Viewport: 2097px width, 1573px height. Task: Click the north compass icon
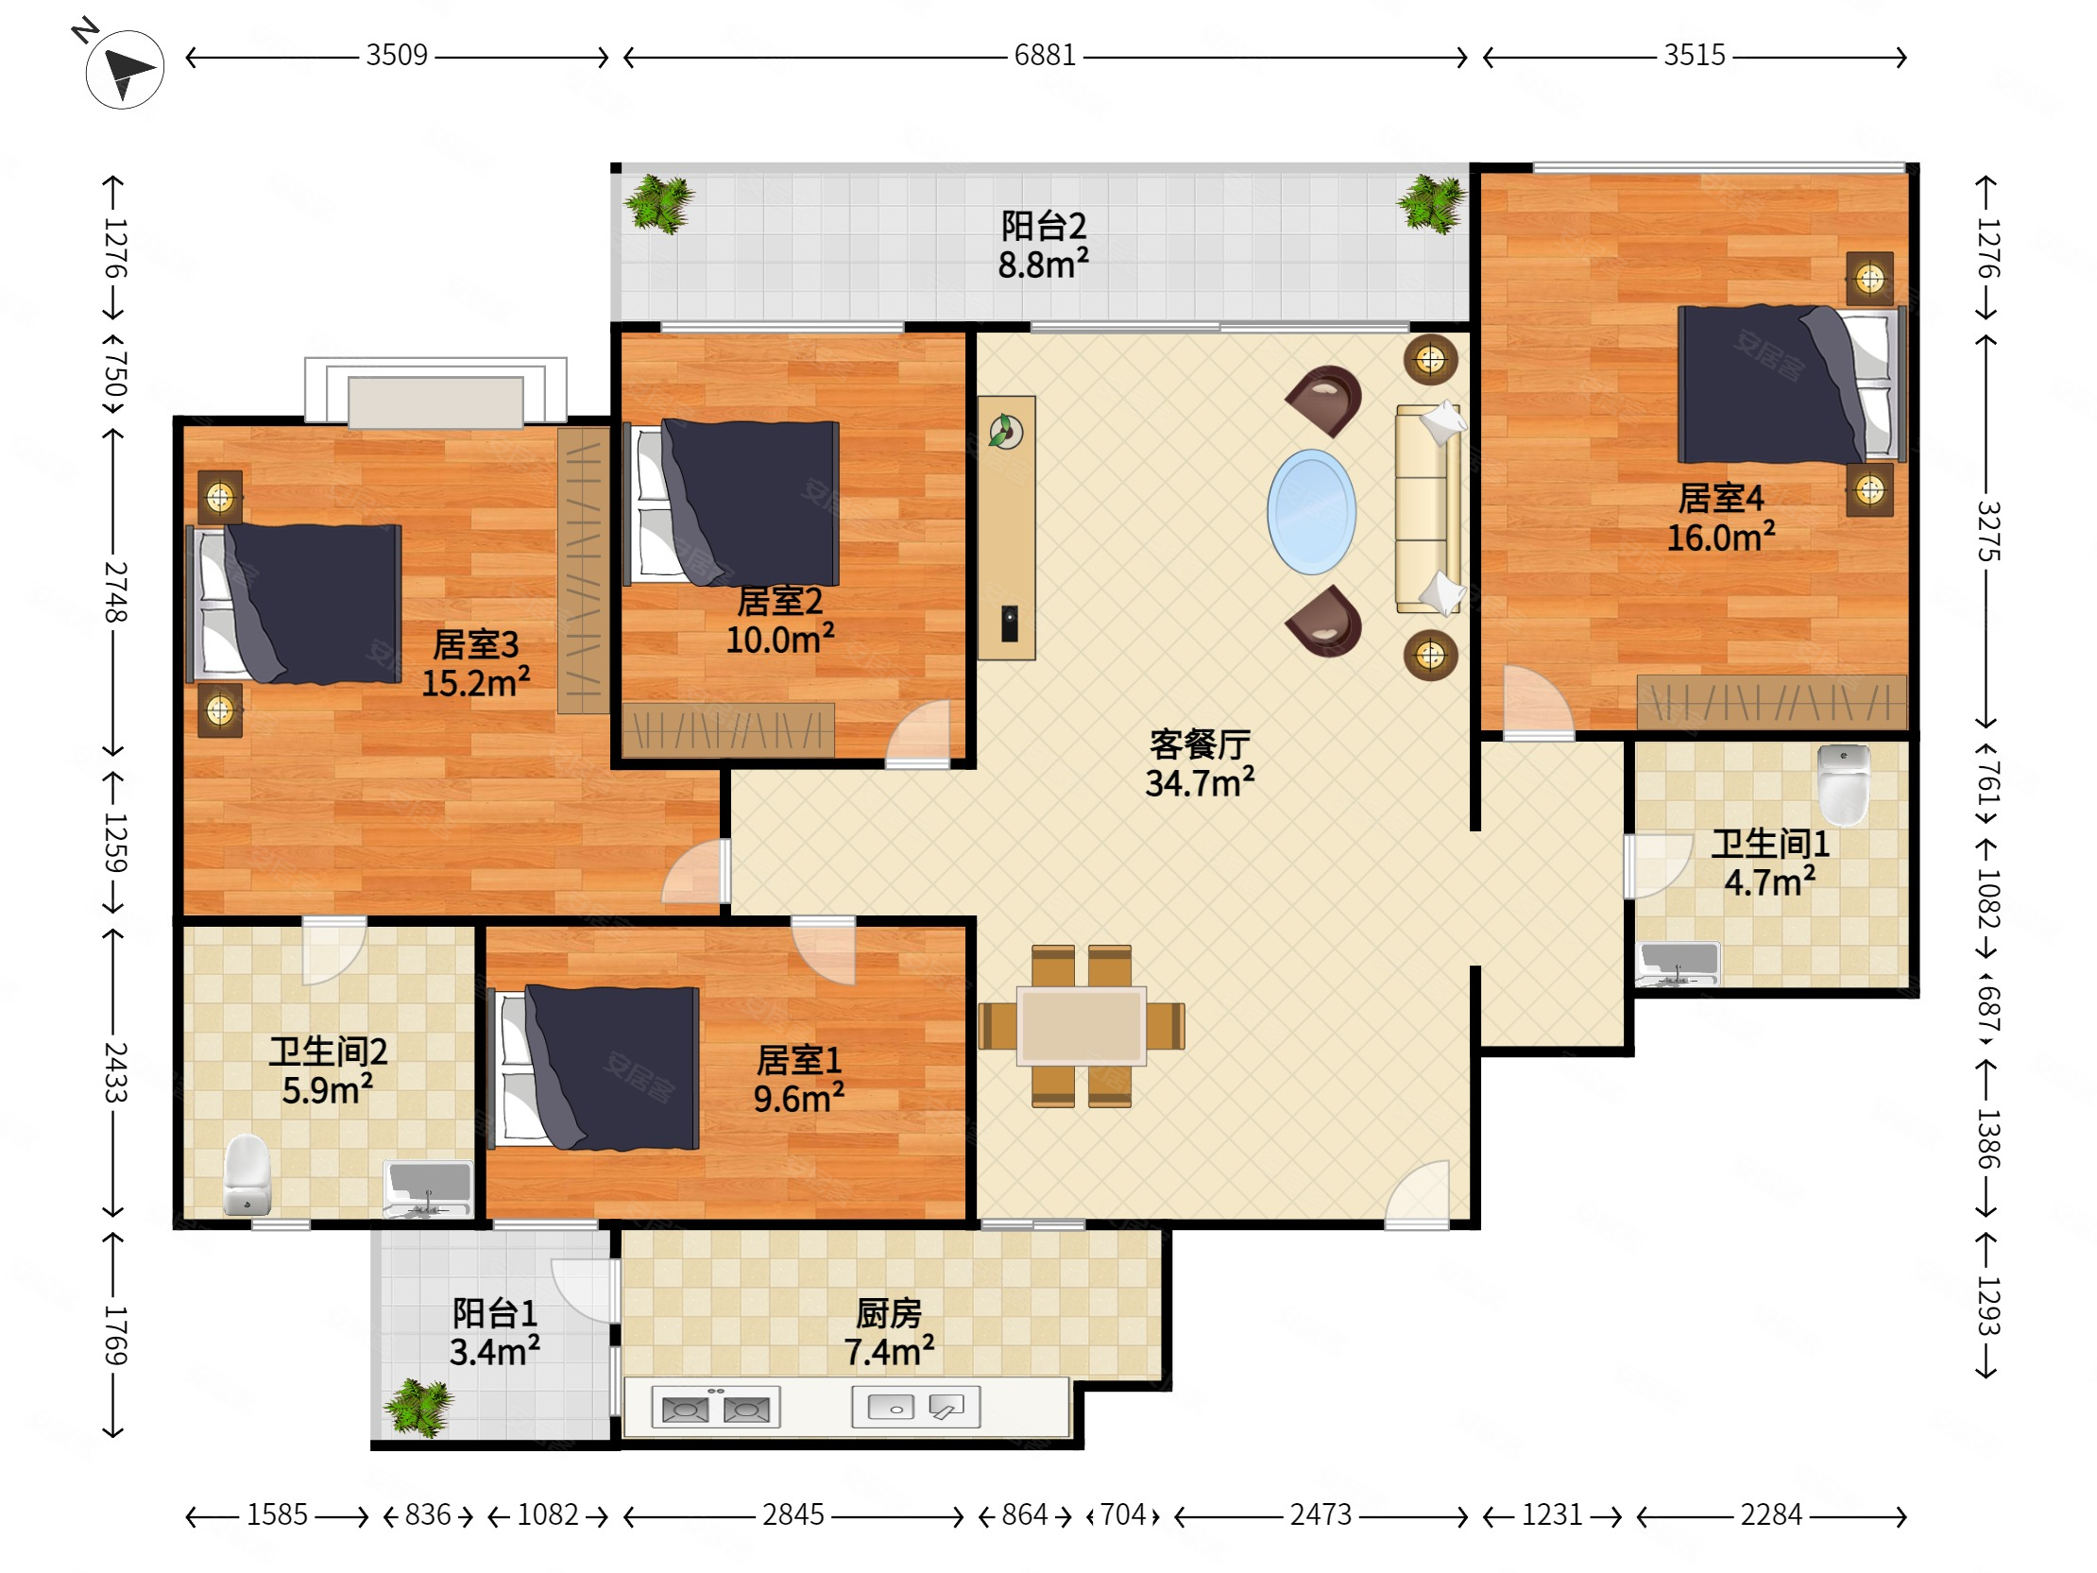point(123,67)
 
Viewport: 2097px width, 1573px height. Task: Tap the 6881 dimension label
point(1045,55)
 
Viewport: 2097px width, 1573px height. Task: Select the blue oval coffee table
point(1311,512)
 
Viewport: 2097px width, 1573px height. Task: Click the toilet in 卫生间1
point(1844,784)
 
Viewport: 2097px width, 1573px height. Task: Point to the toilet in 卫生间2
point(247,1174)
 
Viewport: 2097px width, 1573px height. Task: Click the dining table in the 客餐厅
point(1081,1026)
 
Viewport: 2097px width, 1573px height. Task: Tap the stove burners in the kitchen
point(716,1408)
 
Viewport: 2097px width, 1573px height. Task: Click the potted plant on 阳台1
point(419,1407)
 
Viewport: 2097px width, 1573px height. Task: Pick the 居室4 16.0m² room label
point(1721,518)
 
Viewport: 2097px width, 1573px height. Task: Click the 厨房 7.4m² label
point(889,1333)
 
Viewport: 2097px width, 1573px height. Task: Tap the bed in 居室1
point(593,1068)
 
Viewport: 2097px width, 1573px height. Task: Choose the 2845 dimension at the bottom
point(793,1515)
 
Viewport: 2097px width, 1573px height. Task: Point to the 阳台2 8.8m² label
point(1043,246)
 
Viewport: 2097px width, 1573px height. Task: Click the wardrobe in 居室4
point(1771,702)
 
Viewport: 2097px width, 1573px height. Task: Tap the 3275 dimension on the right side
point(1988,531)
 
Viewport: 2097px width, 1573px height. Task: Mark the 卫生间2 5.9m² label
point(328,1071)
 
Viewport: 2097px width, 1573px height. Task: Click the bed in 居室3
point(295,604)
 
